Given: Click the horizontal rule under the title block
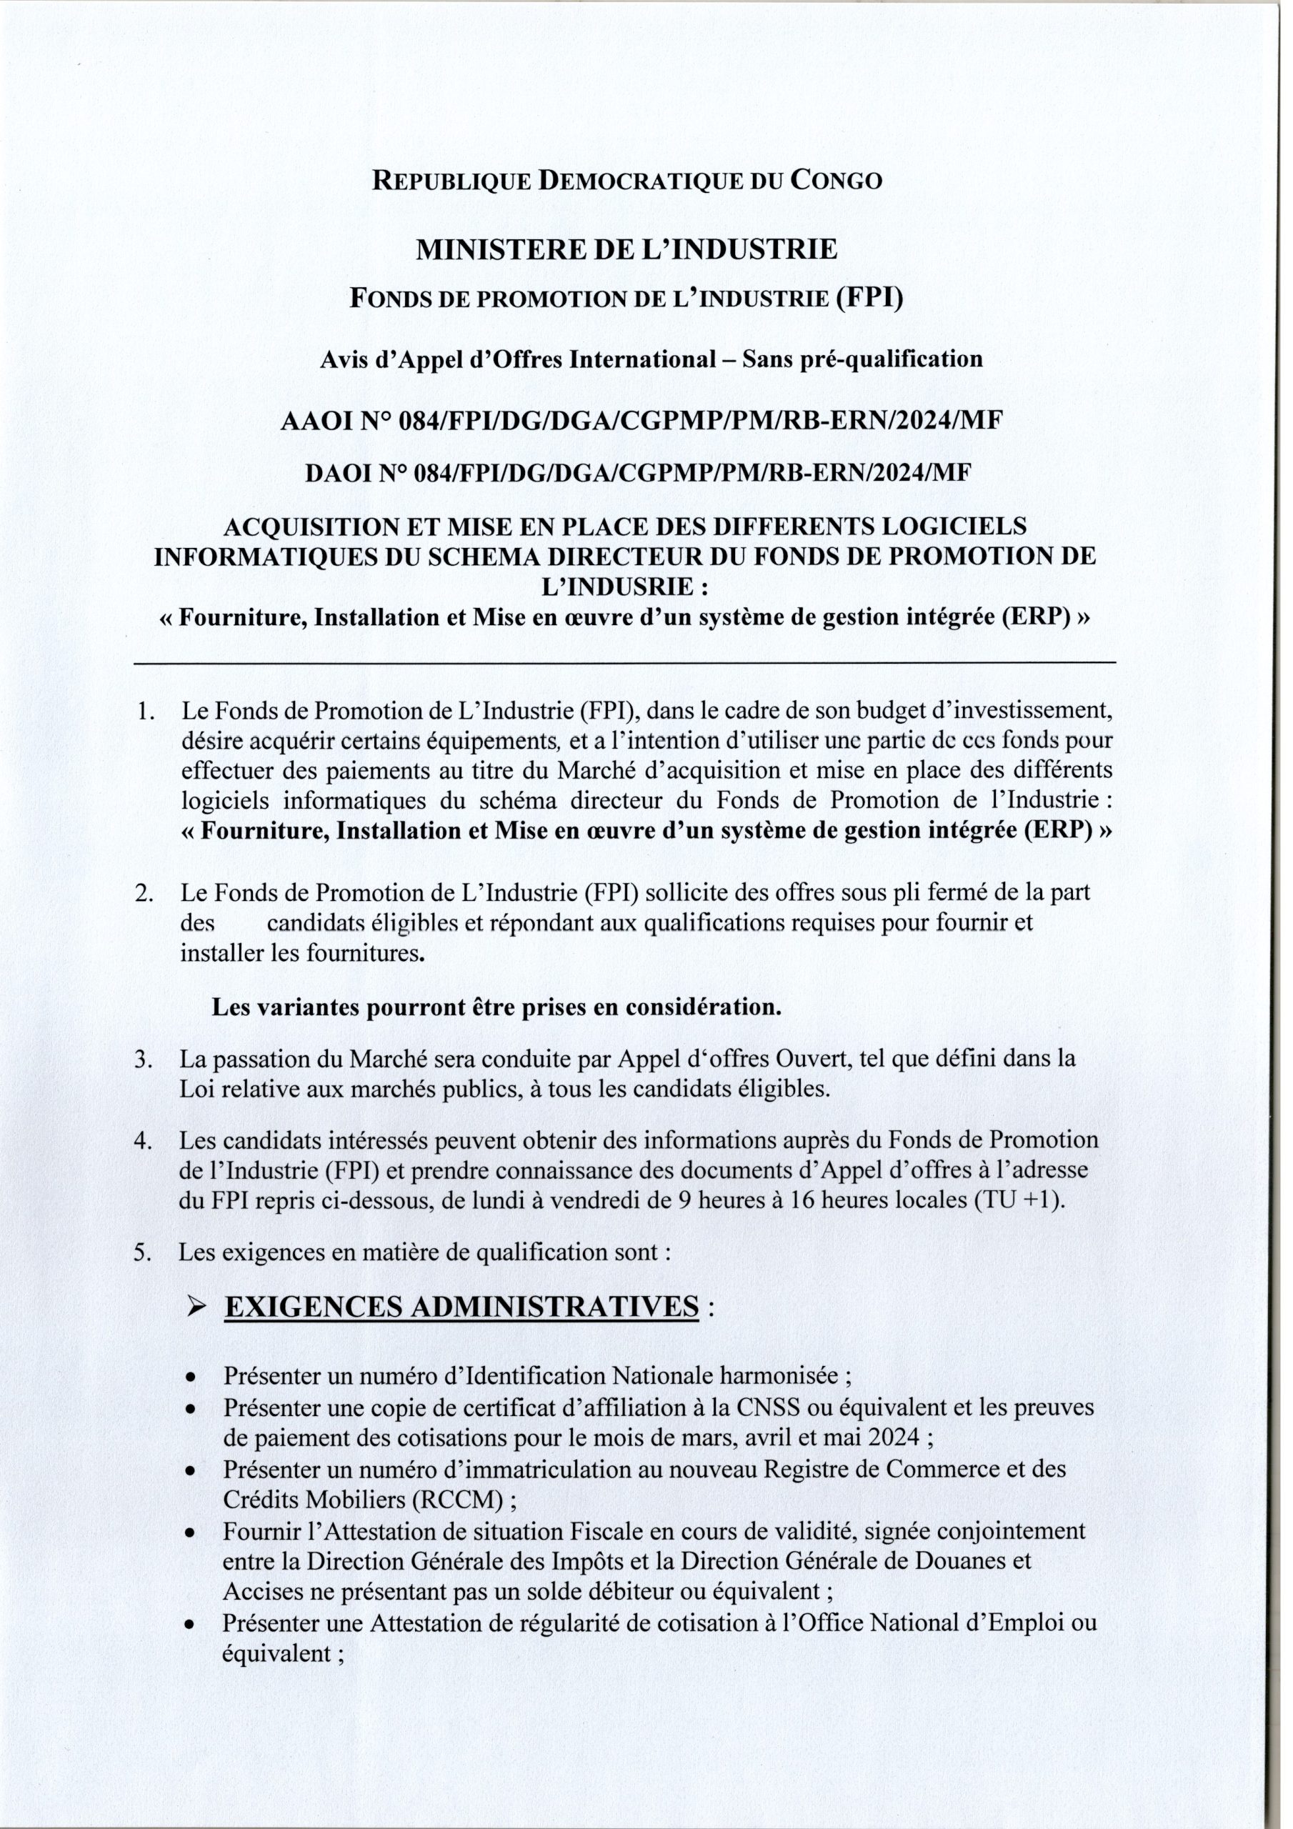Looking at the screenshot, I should [x=624, y=663].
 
